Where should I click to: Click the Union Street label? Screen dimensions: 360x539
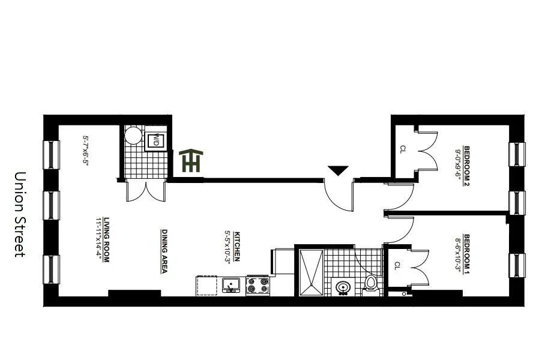click(20, 215)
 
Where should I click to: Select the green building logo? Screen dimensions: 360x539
click(191, 161)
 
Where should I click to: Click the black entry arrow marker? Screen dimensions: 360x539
click(338, 170)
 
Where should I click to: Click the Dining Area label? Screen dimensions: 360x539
click(164, 251)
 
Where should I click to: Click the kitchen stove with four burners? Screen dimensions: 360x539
click(258, 285)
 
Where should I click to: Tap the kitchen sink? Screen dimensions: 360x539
click(230, 285)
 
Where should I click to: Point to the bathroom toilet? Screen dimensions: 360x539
click(370, 283)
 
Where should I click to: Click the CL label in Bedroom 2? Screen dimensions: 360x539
click(403, 149)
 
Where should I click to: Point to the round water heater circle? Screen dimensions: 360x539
click(133, 136)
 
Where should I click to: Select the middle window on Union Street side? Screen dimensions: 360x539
click(51, 205)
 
